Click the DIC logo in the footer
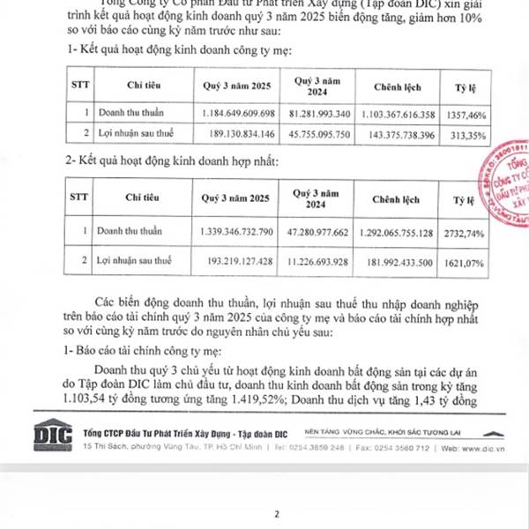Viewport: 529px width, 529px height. point(52,438)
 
